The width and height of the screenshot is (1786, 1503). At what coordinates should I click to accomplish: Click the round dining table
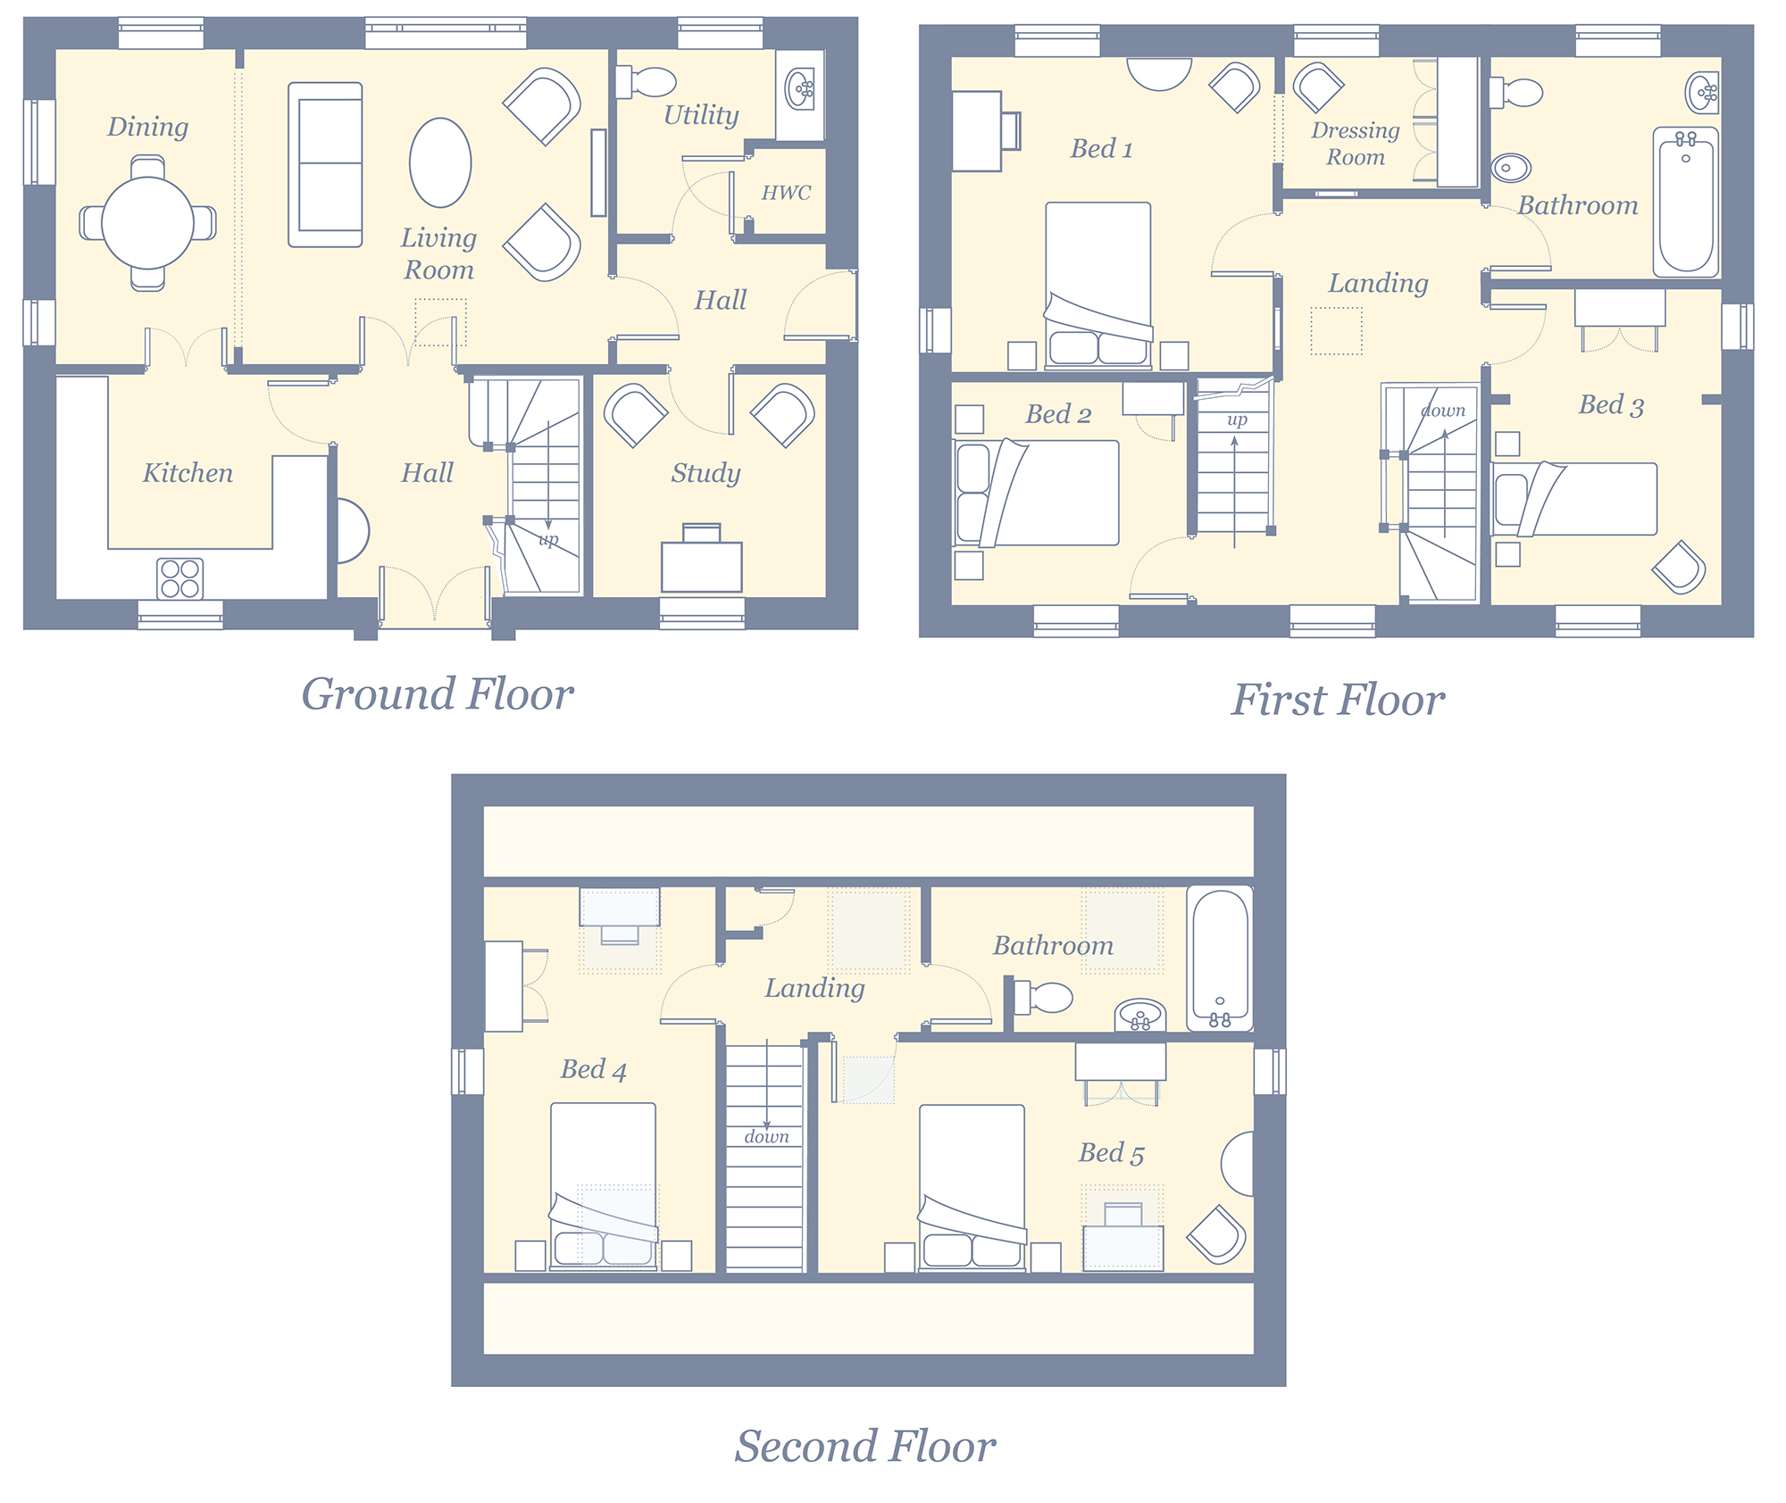coord(147,223)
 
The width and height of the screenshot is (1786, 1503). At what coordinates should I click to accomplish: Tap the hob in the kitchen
coord(179,578)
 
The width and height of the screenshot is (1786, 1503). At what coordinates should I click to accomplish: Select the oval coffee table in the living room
coord(440,163)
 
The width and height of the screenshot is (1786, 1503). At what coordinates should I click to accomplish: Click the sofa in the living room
coord(325,165)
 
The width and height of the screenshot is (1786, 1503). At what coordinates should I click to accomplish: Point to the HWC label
coord(786,193)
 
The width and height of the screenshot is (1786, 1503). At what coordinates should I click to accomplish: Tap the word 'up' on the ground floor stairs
coord(548,540)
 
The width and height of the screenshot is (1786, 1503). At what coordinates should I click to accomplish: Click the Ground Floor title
coord(438,693)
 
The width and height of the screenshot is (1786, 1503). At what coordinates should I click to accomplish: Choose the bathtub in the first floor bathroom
coord(1686,202)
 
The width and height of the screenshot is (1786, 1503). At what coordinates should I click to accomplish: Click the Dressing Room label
coord(1355,144)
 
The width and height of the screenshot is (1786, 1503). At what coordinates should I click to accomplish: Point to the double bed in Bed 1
coord(1098,286)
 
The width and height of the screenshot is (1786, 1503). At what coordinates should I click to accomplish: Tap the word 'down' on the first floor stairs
coord(1443,411)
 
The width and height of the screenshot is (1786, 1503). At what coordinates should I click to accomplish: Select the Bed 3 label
coord(1611,405)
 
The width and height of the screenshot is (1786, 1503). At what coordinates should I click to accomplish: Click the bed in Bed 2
coord(1036,493)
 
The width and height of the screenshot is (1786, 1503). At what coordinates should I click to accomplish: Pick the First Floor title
coord(1339,700)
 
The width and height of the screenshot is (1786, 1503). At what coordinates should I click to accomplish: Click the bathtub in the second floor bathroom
coord(1220,959)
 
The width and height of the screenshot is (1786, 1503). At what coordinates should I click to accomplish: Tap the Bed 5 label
coord(1111,1153)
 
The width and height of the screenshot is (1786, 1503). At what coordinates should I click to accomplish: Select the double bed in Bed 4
coord(603,1186)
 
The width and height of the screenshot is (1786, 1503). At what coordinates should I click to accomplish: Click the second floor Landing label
coord(814,988)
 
